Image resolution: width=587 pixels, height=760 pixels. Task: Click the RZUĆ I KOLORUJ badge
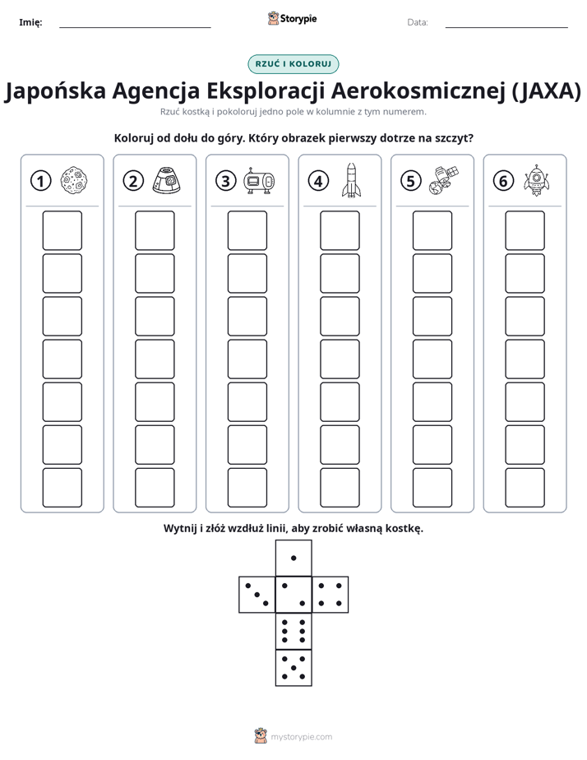[293, 64]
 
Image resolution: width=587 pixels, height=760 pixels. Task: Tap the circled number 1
[40, 181]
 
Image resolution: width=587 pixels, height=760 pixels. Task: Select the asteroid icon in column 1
[74, 180]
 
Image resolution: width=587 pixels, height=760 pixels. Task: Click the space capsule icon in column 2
[167, 180]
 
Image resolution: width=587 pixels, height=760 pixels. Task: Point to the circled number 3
[226, 181]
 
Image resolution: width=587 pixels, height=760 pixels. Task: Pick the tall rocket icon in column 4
[352, 180]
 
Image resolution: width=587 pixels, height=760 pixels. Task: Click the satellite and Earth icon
[444, 180]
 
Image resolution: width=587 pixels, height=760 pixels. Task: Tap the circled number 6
[503, 181]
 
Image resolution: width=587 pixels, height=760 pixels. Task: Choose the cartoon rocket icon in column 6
[537, 180]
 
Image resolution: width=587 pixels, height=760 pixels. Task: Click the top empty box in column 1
[62, 230]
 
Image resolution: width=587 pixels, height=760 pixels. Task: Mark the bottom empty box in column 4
[340, 488]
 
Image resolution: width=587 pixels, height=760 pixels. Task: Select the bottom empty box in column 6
[525, 488]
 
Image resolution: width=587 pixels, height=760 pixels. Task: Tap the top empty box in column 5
[432, 230]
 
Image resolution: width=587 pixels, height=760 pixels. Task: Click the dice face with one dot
[293, 558]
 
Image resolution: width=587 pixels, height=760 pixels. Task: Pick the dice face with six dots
[293, 631]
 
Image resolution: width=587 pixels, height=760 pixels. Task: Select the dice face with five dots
[293, 667]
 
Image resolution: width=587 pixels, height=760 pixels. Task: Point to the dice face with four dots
[330, 594]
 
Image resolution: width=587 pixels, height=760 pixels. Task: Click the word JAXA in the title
[547, 90]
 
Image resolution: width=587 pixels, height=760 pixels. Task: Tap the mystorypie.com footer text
[301, 737]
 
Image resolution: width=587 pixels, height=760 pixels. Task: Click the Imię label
[30, 22]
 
